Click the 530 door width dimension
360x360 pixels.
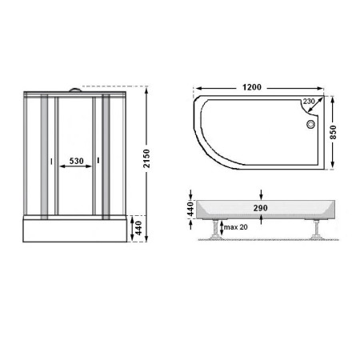coord(76,161)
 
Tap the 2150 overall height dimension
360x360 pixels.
coord(146,158)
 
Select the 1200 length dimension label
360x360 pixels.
coord(252,87)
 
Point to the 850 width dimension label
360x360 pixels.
coord(333,132)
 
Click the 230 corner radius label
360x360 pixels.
coord(309,102)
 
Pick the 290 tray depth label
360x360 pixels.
coord(261,208)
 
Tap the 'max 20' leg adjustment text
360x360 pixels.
coord(236,227)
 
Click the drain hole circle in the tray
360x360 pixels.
coord(310,124)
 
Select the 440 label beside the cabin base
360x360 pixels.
coord(138,228)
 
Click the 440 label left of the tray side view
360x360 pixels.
coord(190,209)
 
